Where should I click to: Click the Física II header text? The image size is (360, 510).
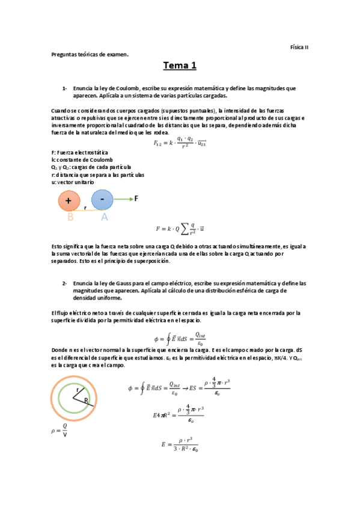pyautogui.click(x=299, y=46)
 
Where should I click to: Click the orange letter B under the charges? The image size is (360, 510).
pyautogui.click(x=70, y=217)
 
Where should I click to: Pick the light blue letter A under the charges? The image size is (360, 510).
pyautogui.click(x=104, y=217)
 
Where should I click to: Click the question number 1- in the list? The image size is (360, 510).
pyautogui.click(x=65, y=88)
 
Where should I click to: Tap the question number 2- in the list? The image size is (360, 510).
pyautogui.click(x=65, y=283)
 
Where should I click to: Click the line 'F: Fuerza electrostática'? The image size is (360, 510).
pyautogui.click(x=75, y=153)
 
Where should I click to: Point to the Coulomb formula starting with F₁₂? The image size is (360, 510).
pyautogui.click(x=180, y=143)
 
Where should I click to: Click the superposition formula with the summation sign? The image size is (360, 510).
pyautogui.click(x=180, y=229)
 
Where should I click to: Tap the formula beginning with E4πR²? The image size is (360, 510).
pyautogui.click(x=178, y=415)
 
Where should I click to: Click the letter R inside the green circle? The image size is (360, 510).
pyautogui.click(x=87, y=400)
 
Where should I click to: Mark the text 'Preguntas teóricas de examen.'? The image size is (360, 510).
pyautogui.click(x=90, y=54)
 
